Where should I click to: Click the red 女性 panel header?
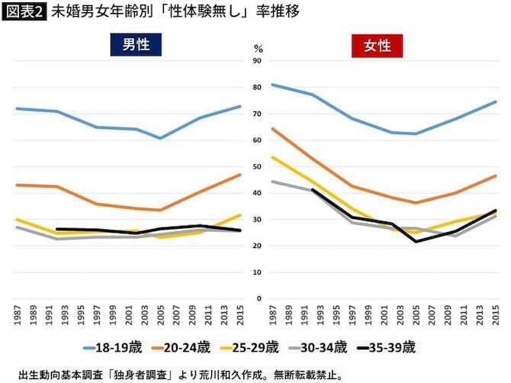(x=378, y=45)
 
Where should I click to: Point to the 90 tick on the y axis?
(x=257, y=61)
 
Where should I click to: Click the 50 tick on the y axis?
(x=257, y=166)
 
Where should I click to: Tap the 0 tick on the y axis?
(x=259, y=298)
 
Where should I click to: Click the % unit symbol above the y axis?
(x=257, y=48)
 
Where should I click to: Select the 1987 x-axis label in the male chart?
(x=18, y=315)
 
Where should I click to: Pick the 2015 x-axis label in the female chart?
(x=496, y=315)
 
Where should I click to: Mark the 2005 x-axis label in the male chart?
(x=161, y=315)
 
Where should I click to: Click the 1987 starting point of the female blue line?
(x=272, y=85)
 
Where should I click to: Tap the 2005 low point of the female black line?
(x=416, y=242)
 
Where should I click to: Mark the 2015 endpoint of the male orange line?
(x=240, y=175)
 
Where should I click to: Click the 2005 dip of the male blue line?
(x=161, y=138)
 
